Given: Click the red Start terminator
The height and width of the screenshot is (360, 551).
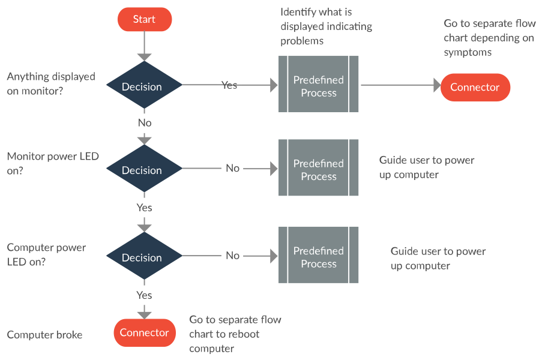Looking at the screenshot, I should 144,19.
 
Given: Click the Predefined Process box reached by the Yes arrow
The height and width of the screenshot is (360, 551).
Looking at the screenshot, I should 318,85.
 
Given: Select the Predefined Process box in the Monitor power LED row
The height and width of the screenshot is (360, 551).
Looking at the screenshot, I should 318,169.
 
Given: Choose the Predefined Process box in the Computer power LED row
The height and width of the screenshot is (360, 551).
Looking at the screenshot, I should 318,256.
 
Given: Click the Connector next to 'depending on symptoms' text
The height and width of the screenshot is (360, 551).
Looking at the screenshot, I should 475,87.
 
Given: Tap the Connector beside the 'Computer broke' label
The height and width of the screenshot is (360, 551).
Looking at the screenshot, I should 144,332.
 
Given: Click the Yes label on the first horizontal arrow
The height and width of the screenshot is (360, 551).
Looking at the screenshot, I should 229,85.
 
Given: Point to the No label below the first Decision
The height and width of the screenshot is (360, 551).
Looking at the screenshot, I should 145,122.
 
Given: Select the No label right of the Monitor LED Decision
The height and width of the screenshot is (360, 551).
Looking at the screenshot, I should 232,168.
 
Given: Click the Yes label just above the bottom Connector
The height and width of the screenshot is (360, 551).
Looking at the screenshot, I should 144,295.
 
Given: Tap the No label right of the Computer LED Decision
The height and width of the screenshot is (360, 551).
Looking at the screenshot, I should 232,255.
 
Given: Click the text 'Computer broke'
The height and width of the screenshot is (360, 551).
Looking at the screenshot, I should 44,335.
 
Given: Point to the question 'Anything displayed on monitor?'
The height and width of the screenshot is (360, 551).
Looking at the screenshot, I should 50,83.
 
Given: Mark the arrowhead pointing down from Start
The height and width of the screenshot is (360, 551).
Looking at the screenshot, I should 144,56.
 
